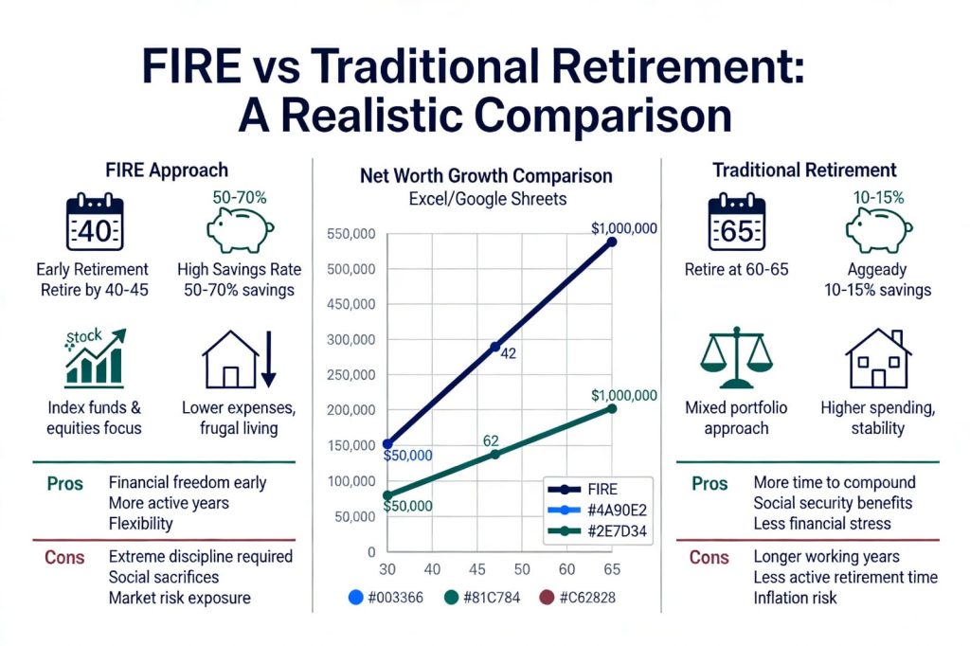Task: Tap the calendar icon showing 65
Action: pyautogui.click(x=737, y=224)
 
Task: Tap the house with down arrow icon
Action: pyautogui.click(x=238, y=363)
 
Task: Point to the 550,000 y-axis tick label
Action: pyautogui.click(x=350, y=233)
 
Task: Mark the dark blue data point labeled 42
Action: pyautogui.click(x=494, y=347)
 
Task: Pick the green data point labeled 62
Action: pyautogui.click(x=494, y=455)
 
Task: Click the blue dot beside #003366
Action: pyautogui.click(x=355, y=598)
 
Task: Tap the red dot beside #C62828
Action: pyautogui.click(x=546, y=598)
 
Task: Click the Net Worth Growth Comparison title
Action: pyautogui.click(x=486, y=176)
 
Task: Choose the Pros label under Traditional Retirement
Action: pyautogui.click(x=709, y=483)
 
